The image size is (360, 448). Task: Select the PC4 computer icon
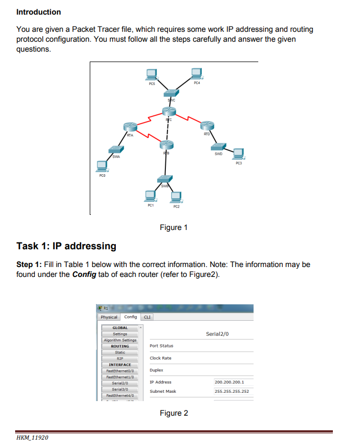(x=197, y=72)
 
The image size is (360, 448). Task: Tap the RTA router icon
(x=130, y=127)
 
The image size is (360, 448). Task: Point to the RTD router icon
(x=207, y=125)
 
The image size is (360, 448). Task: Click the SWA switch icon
(x=115, y=150)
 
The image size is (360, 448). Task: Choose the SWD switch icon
(x=219, y=148)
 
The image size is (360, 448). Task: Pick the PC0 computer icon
(x=102, y=166)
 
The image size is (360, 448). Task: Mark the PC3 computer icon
(x=239, y=153)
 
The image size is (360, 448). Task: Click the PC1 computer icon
(x=150, y=196)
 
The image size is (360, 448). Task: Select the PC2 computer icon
(x=176, y=197)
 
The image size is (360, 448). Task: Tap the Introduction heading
(x=39, y=12)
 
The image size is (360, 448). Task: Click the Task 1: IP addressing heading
(x=66, y=246)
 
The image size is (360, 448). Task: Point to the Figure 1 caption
(x=174, y=227)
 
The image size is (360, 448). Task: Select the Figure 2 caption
(x=174, y=413)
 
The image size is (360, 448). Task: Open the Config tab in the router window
(x=130, y=317)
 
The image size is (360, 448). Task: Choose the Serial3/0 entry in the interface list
(x=120, y=389)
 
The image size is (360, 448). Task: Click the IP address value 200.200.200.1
(x=229, y=382)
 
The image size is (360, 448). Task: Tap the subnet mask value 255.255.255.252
(x=232, y=391)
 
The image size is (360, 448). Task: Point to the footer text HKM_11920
(x=33, y=437)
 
